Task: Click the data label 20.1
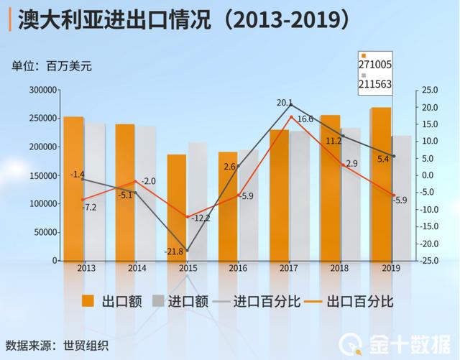pos(284,103)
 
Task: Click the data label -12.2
pos(201,218)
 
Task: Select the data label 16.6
pos(305,119)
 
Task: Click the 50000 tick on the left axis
pos(45,232)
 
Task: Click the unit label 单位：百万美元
pos(52,67)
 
